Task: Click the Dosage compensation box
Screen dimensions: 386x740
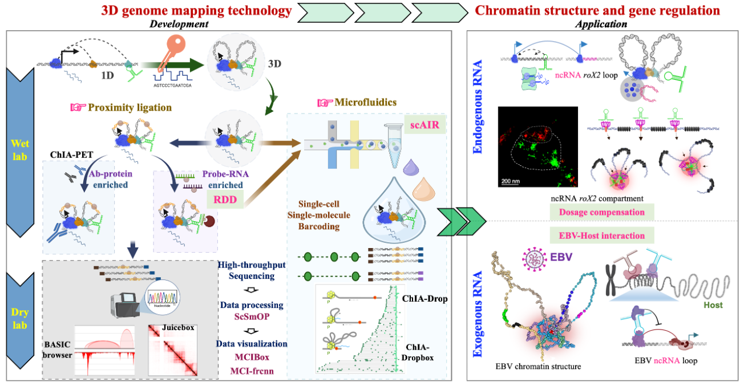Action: (x=602, y=212)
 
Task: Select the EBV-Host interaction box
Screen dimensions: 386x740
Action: (x=602, y=235)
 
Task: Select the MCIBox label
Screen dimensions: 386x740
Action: (x=252, y=357)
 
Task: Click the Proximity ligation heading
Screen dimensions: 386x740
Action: (x=136, y=108)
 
